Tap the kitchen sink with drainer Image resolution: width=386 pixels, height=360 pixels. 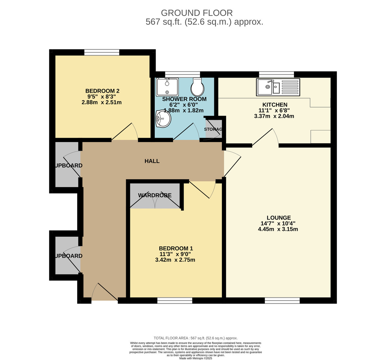[278, 87]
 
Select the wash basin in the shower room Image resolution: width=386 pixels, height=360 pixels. [163, 119]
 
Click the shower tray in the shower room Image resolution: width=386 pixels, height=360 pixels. [167, 87]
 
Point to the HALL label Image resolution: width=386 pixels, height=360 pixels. [152, 161]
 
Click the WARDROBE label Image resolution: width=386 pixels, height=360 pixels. [155, 195]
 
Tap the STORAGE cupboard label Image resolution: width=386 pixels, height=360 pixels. [213, 129]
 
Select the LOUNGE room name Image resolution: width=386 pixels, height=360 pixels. [279, 218]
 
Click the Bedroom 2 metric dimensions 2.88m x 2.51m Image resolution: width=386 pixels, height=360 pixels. [102, 102]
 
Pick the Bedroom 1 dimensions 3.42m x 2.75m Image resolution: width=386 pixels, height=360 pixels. [175, 260]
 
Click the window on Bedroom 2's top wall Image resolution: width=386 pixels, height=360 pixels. [102, 52]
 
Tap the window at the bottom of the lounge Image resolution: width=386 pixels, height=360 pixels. [282, 300]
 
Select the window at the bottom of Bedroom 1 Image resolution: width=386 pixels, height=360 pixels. [175, 300]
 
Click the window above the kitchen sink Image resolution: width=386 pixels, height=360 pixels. [276, 74]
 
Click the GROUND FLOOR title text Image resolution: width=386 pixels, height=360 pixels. [197, 13]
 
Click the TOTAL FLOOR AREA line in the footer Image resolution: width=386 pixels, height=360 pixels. [196, 338]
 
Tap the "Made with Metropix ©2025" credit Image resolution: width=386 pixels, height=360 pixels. [196, 358]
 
